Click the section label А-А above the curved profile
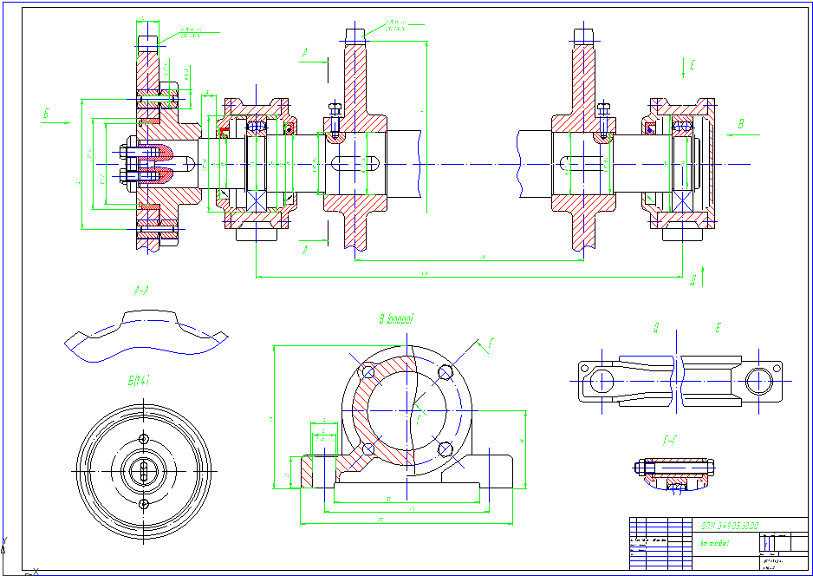(142, 291)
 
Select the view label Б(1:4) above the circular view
(139, 379)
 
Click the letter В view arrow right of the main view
(740, 125)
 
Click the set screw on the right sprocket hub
(604, 121)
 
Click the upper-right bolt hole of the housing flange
(446, 372)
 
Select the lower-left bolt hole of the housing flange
(368, 448)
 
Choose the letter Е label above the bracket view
(718, 328)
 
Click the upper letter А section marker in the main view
(305, 53)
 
